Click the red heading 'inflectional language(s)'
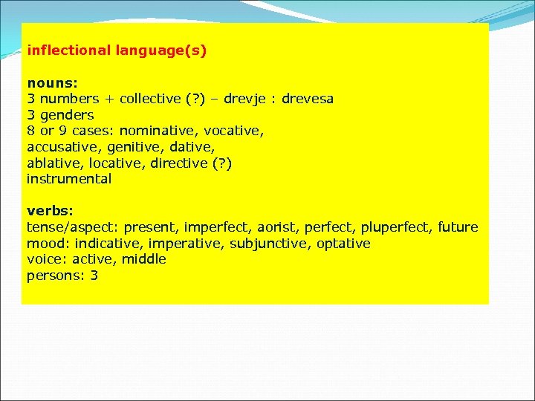point(117,51)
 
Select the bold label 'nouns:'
point(48,83)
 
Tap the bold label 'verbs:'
point(48,211)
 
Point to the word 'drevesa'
point(308,99)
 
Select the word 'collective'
point(149,99)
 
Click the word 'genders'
point(67,115)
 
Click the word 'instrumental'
point(69,179)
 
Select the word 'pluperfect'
point(402,227)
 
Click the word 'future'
point(458,227)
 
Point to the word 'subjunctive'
point(265,244)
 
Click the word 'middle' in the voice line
point(144,259)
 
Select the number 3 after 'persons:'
point(94,276)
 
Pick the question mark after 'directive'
point(221,163)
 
